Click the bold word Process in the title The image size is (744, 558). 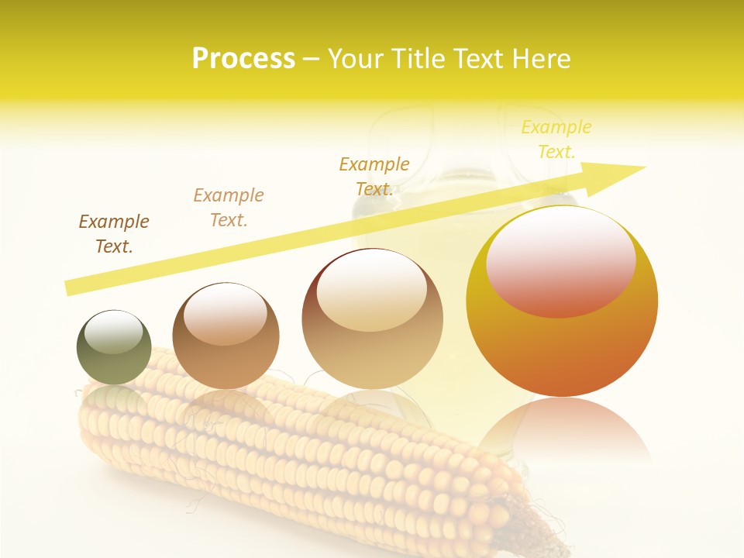click(x=243, y=59)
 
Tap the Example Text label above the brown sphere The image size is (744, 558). click(x=229, y=208)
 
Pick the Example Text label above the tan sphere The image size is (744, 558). click(x=374, y=177)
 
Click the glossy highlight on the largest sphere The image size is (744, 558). click(x=561, y=260)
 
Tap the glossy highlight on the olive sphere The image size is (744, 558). click(x=114, y=332)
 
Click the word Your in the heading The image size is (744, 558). click(x=356, y=59)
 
